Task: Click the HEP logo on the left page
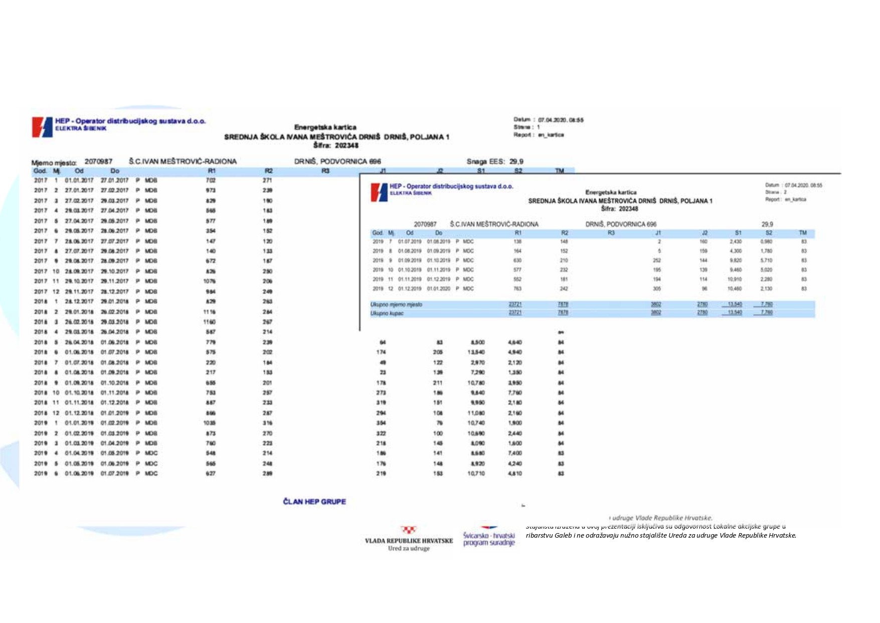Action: (x=42, y=127)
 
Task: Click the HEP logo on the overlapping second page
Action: (x=379, y=192)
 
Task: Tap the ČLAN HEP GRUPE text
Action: (x=314, y=502)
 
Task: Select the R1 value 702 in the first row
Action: (x=211, y=180)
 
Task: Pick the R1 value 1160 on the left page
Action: (x=210, y=322)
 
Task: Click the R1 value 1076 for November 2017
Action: (x=210, y=281)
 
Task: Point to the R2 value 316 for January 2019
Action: (x=268, y=423)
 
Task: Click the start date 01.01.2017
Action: (x=79, y=180)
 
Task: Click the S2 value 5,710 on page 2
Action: (x=766, y=261)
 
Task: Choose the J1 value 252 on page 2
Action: (x=656, y=261)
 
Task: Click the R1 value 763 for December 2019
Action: (x=517, y=289)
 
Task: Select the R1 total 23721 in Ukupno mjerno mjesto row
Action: (x=515, y=304)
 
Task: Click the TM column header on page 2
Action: (x=802, y=233)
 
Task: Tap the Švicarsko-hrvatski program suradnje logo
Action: (x=489, y=538)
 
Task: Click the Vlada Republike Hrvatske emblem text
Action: (x=409, y=541)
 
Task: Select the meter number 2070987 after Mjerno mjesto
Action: (x=98, y=161)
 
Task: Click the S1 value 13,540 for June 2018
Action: (x=475, y=352)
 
